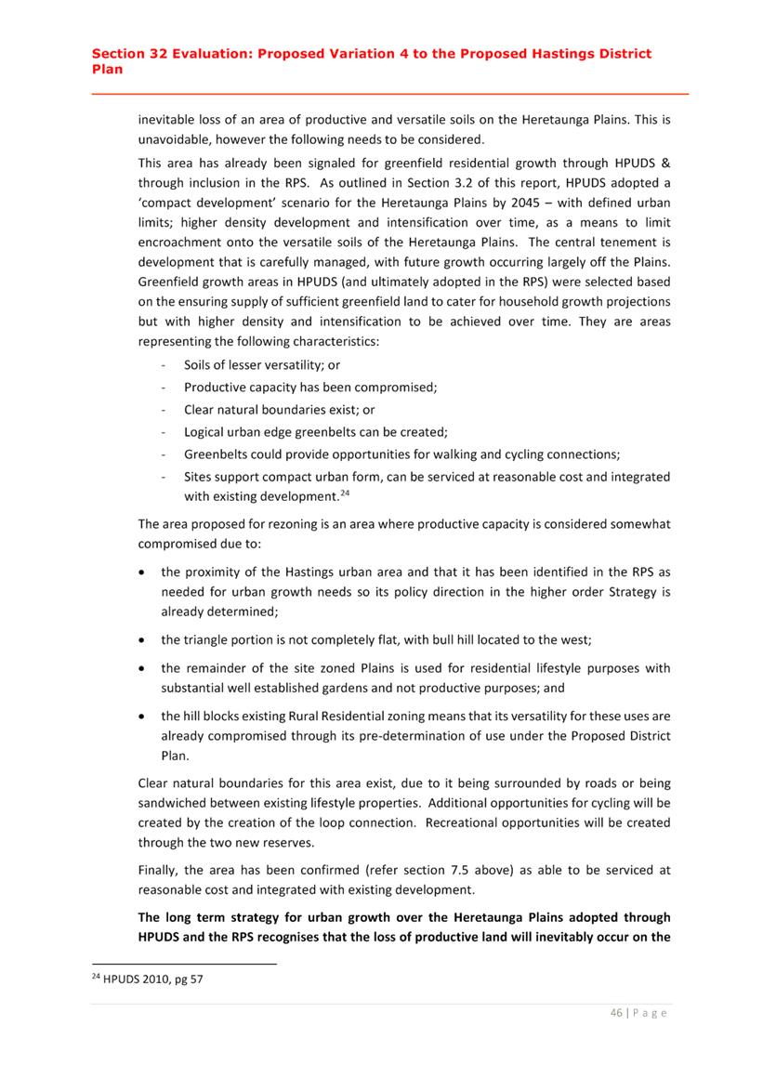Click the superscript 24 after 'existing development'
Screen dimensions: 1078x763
(342, 492)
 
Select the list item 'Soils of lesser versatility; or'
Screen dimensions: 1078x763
(262, 365)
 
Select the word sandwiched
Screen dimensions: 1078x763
(177, 801)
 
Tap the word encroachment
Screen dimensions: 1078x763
(181, 243)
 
